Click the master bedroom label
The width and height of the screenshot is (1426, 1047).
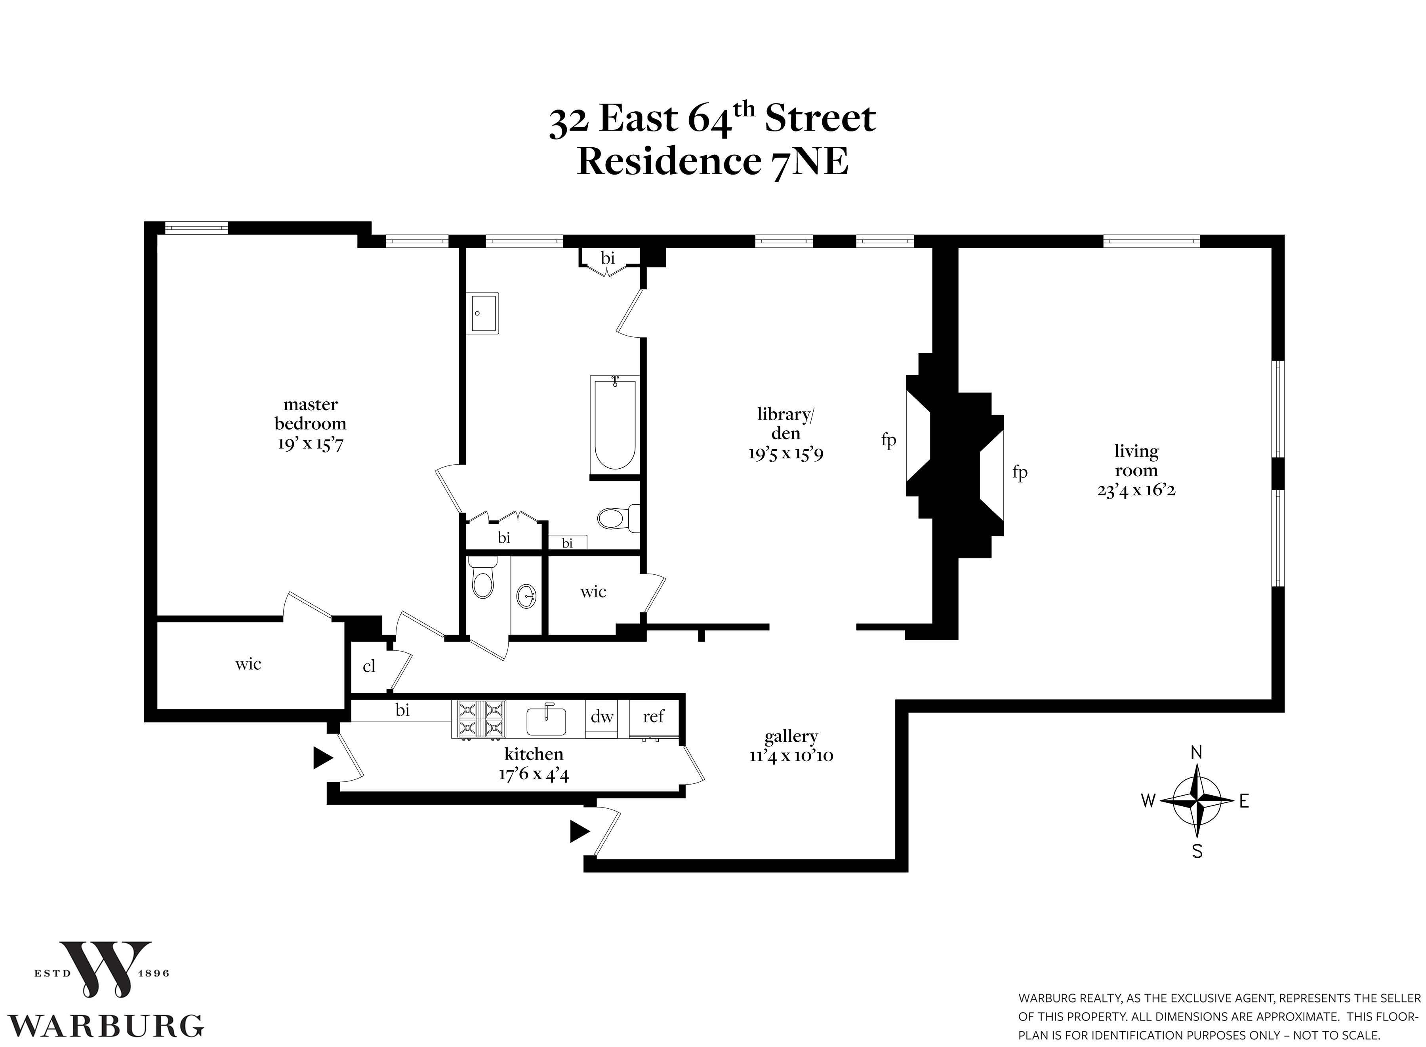point(310,413)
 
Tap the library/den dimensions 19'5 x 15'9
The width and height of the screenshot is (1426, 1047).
point(785,454)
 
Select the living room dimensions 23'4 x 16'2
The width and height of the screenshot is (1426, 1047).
point(1136,490)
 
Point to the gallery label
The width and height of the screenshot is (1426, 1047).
point(791,736)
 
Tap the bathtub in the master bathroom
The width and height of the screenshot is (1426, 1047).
point(614,424)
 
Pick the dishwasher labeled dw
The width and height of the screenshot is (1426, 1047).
point(602,717)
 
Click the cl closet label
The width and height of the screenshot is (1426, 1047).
point(369,666)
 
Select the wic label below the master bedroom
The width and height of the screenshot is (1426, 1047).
point(248,663)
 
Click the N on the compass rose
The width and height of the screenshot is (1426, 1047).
point(1197,752)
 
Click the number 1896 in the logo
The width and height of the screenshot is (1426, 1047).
point(153,973)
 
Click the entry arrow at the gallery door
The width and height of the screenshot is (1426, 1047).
point(579,831)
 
